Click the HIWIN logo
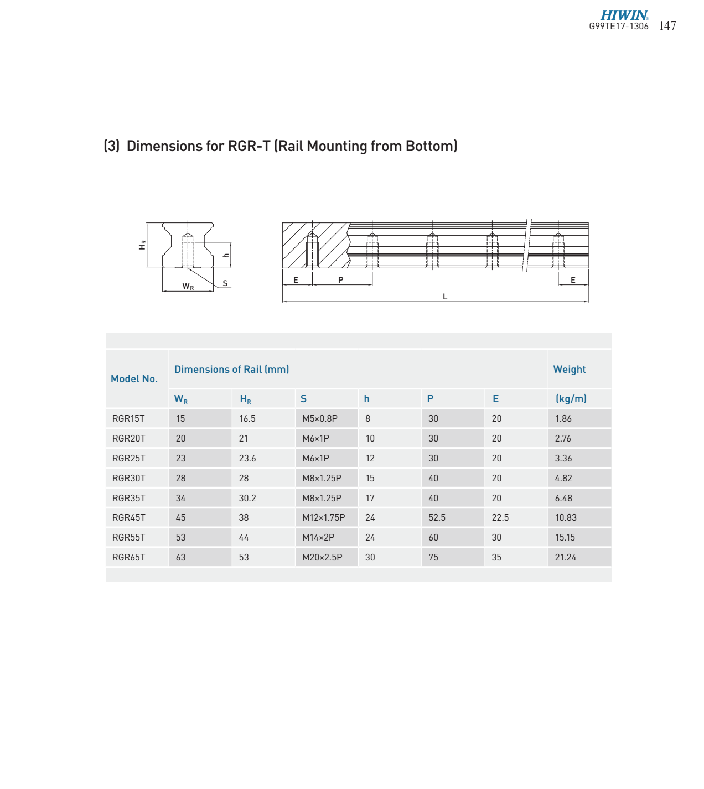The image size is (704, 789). point(624,15)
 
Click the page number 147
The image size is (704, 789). point(667,26)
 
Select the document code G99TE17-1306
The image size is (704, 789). point(618,27)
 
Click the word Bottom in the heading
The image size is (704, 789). point(429,146)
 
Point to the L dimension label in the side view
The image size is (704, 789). point(445,297)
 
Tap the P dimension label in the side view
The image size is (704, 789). point(340,280)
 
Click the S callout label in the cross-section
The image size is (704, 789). point(225,283)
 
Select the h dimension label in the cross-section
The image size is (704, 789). point(226,255)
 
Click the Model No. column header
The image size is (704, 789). point(134,379)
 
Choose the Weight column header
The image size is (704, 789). point(569,370)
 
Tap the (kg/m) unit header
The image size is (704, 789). point(571,399)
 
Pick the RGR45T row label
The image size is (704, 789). point(128,518)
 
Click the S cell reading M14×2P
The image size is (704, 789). point(318,538)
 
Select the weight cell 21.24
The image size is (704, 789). point(565,558)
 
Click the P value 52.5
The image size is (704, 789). point(437,518)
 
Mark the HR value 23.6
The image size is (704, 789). point(247,459)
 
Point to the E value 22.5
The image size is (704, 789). point(500,518)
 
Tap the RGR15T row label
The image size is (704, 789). point(128,419)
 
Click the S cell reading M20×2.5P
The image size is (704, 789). point(322,558)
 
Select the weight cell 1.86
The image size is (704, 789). point(563,419)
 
